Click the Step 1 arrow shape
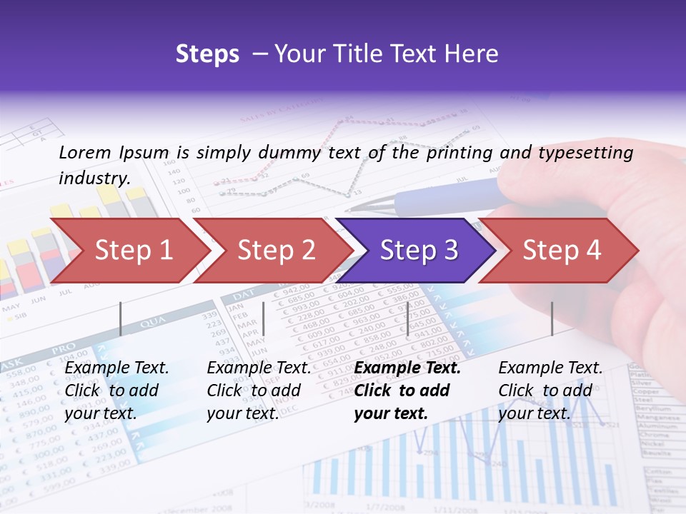coord(132,250)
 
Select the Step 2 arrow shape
coord(276,250)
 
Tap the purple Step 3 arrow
coord(419,250)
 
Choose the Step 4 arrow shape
coord(562,250)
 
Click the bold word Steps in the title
coord(207,54)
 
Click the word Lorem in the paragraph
coord(84,152)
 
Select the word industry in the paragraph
coord(94,178)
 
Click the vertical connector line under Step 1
coord(121,318)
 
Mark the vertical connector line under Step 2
coord(264,318)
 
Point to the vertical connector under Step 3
coord(407,318)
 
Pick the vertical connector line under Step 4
coord(552,318)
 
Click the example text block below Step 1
coord(116,390)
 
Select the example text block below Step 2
coord(259,390)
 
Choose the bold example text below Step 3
coord(407,390)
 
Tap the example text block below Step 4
coord(550,390)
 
